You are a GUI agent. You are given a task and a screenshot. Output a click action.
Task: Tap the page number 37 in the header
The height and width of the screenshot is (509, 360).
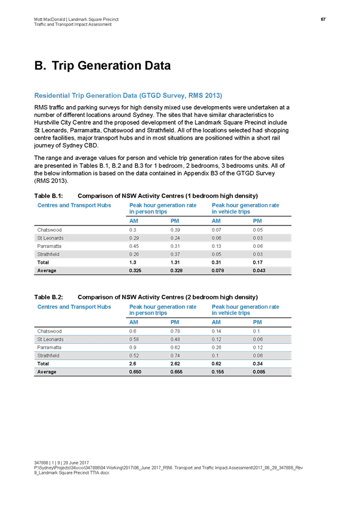pyautogui.click(x=323, y=20)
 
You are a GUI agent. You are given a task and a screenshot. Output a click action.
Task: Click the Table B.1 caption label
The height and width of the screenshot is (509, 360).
pyautogui.click(x=47, y=195)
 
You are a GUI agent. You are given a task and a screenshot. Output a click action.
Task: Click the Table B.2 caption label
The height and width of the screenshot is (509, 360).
pyautogui.click(x=48, y=297)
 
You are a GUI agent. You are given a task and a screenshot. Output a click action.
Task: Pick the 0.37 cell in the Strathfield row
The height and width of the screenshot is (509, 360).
pyautogui.click(x=175, y=255)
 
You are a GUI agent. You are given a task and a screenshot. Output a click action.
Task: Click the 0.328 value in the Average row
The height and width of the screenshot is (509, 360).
pyautogui.click(x=177, y=271)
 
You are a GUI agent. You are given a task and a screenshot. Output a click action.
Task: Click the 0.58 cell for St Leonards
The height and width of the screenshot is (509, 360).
pyautogui.click(x=134, y=339)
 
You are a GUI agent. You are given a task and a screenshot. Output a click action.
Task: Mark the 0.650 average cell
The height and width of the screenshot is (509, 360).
pyautogui.click(x=136, y=372)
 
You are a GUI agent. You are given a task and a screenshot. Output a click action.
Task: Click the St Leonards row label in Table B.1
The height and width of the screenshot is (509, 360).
pyautogui.click(x=50, y=238)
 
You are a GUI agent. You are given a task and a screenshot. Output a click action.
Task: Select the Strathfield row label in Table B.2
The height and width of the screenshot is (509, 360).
pyautogui.click(x=49, y=356)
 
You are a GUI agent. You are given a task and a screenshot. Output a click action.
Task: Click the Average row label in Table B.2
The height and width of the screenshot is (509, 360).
pyautogui.click(x=47, y=372)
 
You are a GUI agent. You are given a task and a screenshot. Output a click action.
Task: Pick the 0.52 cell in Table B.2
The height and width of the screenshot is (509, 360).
pyautogui.click(x=134, y=356)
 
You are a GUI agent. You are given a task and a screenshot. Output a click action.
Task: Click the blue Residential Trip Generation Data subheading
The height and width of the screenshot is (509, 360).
pyautogui.click(x=128, y=95)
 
